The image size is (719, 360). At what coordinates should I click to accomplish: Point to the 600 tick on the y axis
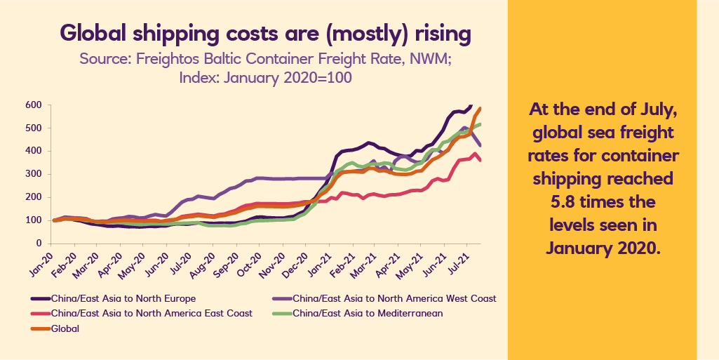click(x=34, y=105)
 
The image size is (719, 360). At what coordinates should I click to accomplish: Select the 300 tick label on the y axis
click(x=34, y=174)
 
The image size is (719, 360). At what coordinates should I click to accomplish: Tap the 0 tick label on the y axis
click(x=39, y=244)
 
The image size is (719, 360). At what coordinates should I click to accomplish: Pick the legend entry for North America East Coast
click(x=152, y=313)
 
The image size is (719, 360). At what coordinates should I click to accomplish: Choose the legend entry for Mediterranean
click(x=368, y=313)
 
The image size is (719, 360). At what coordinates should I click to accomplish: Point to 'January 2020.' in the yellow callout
click(x=603, y=248)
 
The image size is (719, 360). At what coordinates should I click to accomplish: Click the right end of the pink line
click(x=480, y=161)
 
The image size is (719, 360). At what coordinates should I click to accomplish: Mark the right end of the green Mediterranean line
click(x=481, y=124)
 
